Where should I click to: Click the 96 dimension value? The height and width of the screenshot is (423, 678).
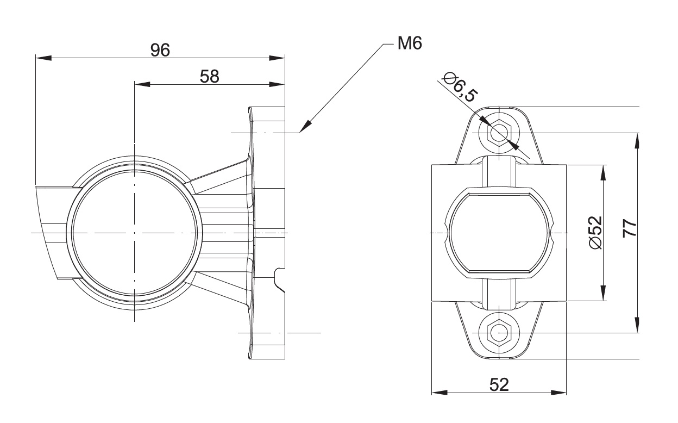coord(160,49)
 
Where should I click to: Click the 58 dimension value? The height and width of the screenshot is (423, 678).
coord(209,76)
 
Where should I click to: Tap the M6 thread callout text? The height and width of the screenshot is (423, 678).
coord(409,43)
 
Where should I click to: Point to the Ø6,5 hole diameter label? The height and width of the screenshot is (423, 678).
coord(460,86)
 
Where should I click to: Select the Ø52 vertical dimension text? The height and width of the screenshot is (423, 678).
coord(595,232)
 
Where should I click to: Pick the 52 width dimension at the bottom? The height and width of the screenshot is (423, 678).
coord(499,384)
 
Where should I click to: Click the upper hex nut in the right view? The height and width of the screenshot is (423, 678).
coord(499,133)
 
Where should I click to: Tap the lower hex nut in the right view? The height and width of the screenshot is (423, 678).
coord(499,332)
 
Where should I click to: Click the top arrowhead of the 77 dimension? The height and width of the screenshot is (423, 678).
coord(638,140)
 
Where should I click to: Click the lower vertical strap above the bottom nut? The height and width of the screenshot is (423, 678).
coord(499,294)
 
